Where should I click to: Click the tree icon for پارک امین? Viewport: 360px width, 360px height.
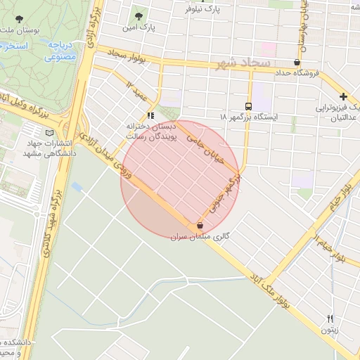pos(138,15)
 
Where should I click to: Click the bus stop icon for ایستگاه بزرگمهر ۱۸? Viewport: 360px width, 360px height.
pos(248,105)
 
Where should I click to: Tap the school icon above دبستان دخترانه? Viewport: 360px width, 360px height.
pos(150,115)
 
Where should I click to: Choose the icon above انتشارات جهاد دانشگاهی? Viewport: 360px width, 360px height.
pos(49,133)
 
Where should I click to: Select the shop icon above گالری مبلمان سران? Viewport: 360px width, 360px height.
pos(201,226)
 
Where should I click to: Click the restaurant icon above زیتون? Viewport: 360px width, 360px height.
pos(330,318)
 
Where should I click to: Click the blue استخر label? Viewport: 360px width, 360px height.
pos(13,46)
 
